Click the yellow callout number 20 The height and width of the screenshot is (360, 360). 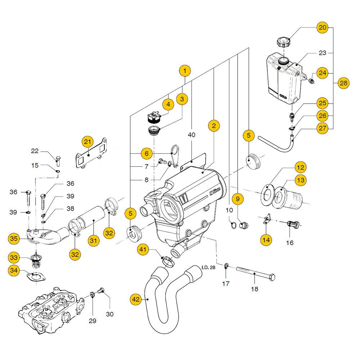tap(323, 28)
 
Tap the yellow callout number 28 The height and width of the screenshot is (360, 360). tap(343, 83)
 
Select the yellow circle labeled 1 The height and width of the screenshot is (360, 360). tap(185, 71)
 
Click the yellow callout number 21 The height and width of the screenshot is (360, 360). tap(87, 142)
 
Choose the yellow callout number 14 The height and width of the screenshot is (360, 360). tap(266, 239)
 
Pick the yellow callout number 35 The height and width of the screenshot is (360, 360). tap(14, 238)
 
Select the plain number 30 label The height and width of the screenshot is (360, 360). tap(109, 314)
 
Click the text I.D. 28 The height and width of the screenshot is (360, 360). tap(208, 267)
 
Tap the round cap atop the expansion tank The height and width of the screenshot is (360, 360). tap(283, 42)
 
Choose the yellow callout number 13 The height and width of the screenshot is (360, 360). tap(301, 180)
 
